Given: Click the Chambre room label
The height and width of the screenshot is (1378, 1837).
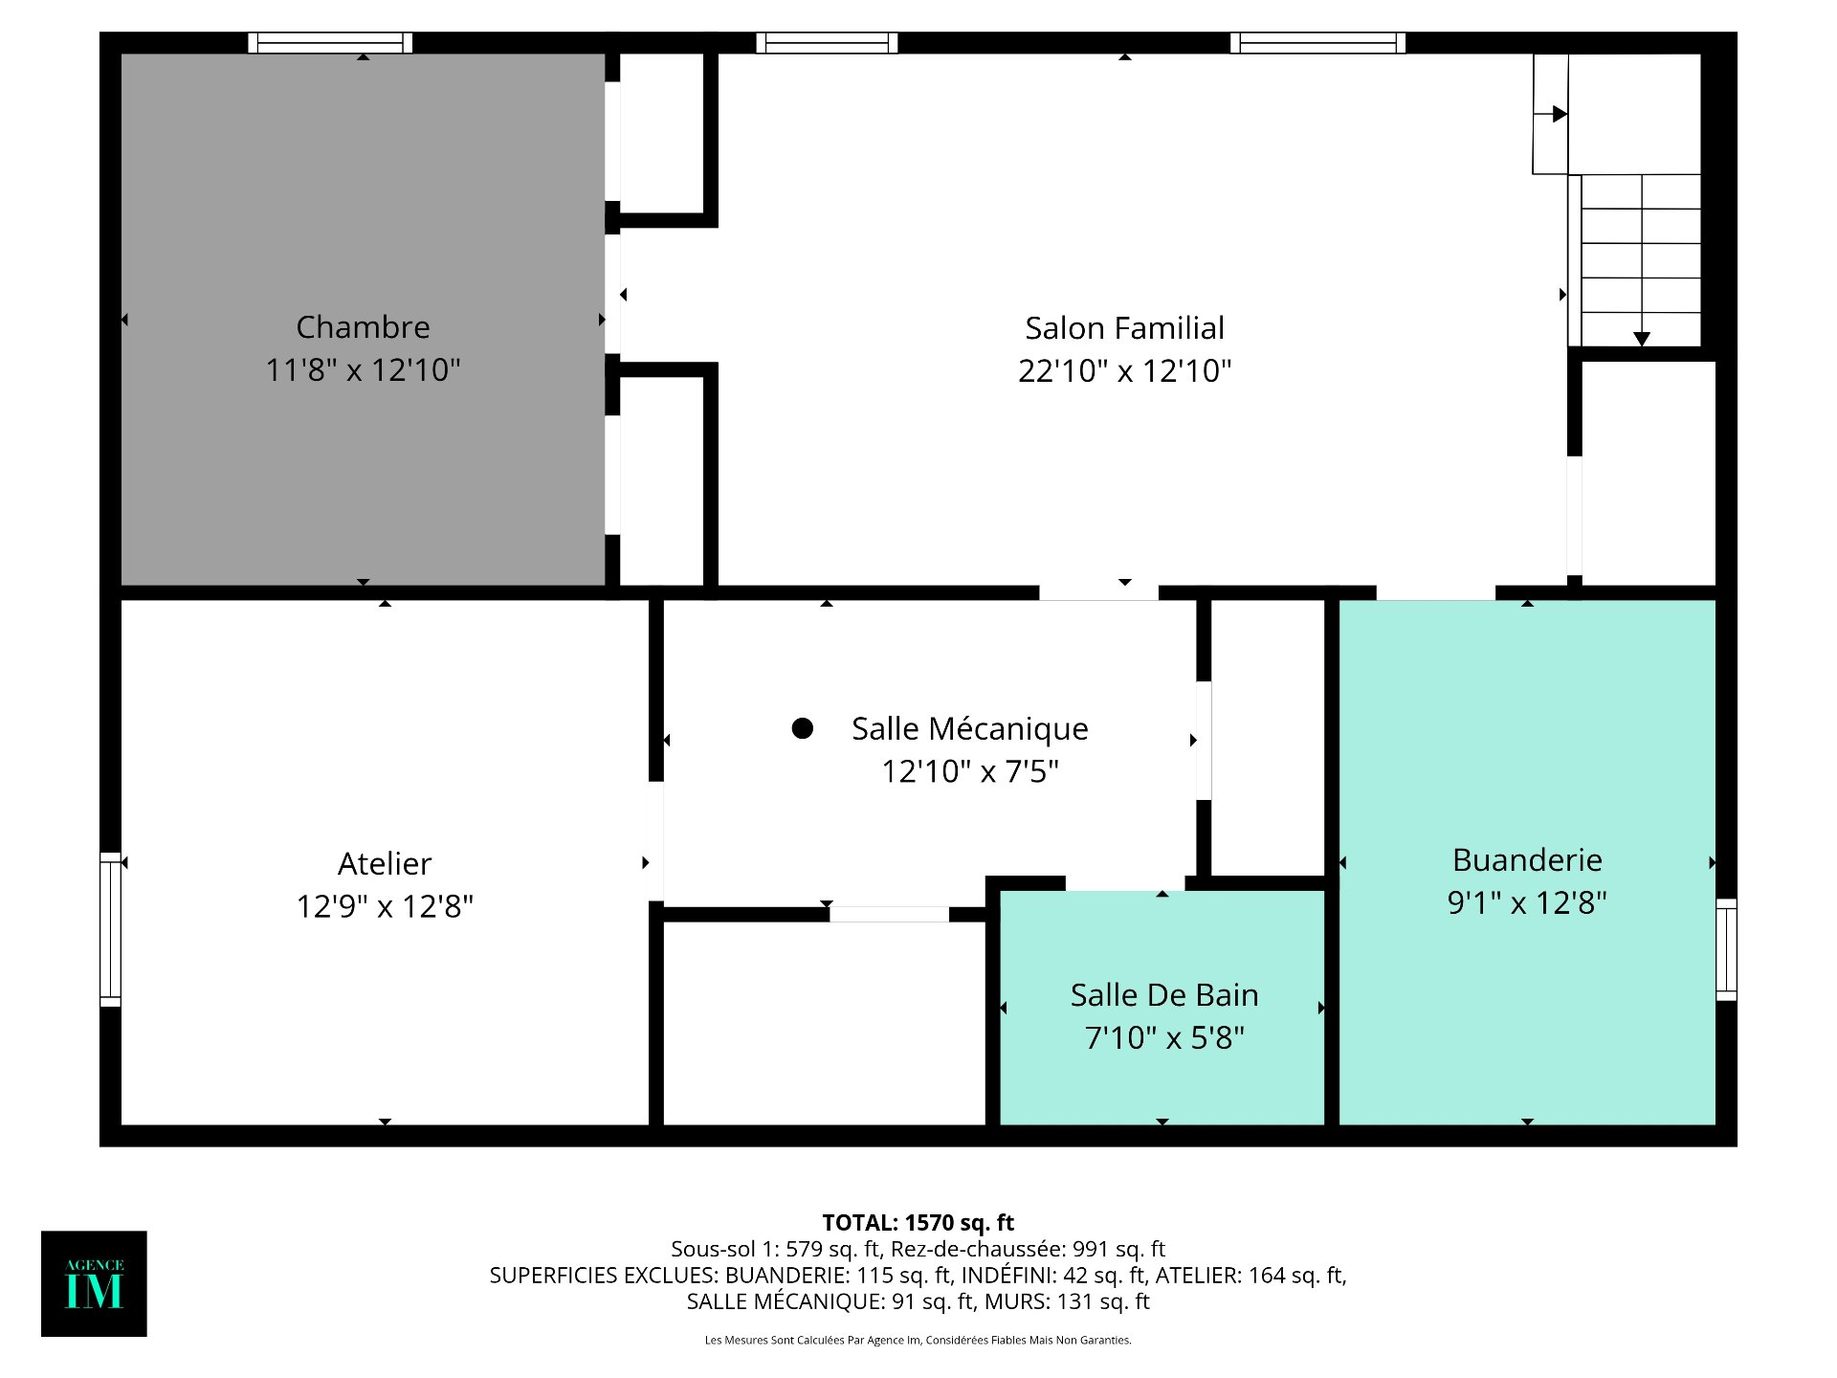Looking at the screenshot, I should tap(363, 327).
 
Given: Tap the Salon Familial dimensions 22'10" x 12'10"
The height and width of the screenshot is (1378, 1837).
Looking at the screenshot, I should tap(1124, 370).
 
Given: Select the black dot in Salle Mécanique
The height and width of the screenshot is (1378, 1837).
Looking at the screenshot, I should tap(803, 728).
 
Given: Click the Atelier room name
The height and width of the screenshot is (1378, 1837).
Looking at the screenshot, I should tap(385, 863).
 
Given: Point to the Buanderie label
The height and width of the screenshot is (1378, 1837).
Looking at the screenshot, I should tap(1527, 859).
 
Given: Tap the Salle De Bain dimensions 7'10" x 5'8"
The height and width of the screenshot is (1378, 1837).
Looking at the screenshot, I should tap(1164, 1037).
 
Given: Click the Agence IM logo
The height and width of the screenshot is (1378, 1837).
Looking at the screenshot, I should tap(94, 1283).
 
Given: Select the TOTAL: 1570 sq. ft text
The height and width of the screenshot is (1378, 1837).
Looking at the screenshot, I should tap(918, 1222).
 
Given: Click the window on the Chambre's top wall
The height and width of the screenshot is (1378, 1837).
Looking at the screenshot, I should tap(330, 43).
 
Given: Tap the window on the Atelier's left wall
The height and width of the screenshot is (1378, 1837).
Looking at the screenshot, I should tap(111, 929).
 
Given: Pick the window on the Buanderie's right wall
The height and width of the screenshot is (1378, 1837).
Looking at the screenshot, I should tap(1726, 949).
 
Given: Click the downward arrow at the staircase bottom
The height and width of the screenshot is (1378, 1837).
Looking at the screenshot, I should tap(1642, 339).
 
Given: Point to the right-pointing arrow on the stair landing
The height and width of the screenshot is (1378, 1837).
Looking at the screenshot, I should tap(1559, 114).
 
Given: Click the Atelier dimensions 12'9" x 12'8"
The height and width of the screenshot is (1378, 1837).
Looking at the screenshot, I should tap(385, 906).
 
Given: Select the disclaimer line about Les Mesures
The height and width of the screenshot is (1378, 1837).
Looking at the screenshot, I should tap(918, 1340).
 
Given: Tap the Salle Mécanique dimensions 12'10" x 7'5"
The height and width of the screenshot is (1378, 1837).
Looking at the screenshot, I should tap(969, 771).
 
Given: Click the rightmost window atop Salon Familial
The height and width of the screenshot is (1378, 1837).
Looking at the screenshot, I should tap(1317, 43).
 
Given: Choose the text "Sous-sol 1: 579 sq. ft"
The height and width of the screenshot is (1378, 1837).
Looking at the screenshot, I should tap(775, 1249).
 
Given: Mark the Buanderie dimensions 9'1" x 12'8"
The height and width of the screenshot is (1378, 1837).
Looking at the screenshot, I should tap(1527, 902).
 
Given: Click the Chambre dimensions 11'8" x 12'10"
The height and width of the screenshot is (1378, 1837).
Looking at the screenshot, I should tap(363, 370).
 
